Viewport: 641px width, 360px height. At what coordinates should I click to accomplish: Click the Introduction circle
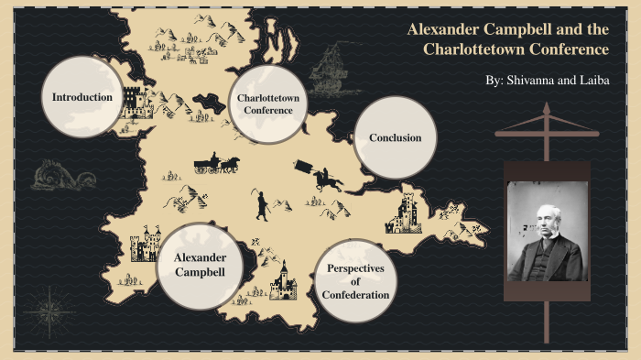point(82,97)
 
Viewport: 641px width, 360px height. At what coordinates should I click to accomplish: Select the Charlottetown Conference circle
point(268,104)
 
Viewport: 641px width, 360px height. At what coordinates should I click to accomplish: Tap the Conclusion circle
point(395,137)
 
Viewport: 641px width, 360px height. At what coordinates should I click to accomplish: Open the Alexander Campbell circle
point(200,265)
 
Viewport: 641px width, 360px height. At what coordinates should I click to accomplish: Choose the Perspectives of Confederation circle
point(355,281)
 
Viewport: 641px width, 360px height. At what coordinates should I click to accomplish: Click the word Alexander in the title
point(442,30)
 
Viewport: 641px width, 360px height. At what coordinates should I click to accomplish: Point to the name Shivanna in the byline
point(538,81)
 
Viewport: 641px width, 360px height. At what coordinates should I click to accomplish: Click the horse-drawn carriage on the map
point(216,163)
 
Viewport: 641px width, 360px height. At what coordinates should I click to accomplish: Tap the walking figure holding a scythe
point(262,203)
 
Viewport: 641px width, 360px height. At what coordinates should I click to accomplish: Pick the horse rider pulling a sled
point(320,175)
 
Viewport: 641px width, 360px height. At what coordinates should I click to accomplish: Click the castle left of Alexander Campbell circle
point(143,245)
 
